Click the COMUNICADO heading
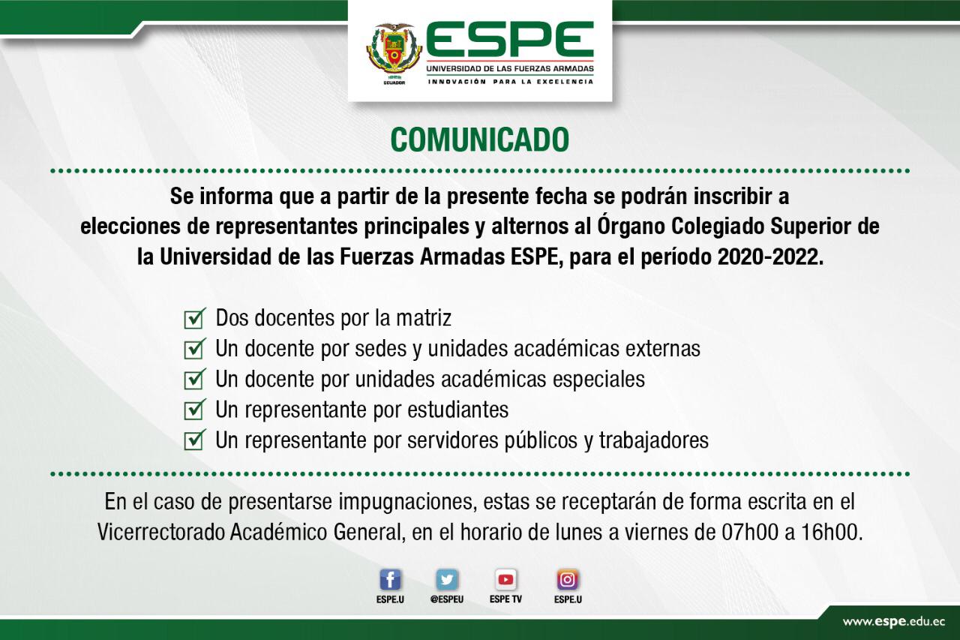(x=479, y=140)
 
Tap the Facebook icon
(x=390, y=580)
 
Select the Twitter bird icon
(x=447, y=580)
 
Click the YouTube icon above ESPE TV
(x=505, y=580)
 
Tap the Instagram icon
(x=568, y=580)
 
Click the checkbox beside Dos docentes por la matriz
(x=194, y=319)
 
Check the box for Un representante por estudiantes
(x=194, y=410)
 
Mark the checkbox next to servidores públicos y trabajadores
(x=194, y=440)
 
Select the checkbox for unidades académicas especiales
(x=194, y=380)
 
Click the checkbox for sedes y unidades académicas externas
(x=194, y=349)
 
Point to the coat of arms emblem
(x=394, y=53)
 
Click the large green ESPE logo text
(x=509, y=40)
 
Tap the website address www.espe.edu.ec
(x=893, y=622)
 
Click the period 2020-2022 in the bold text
(x=770, y=257)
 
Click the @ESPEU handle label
(x=447, y=599)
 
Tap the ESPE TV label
(x=505, y=599)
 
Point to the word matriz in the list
(x=424, y=318)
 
